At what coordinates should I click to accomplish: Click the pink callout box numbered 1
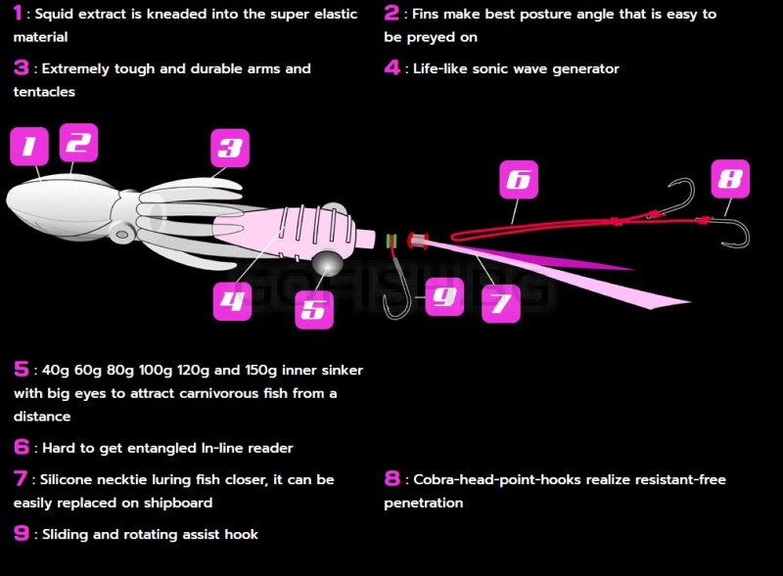(29, 146)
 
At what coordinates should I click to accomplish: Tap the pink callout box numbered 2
(78, 143)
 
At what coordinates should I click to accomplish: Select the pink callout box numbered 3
(230, 148)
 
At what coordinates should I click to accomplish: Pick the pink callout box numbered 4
(232, 301)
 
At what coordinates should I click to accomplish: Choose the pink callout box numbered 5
(314, 309)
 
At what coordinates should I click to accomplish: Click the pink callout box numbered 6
(519, 180)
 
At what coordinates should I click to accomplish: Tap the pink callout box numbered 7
(501, 303)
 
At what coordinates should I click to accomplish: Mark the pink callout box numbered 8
(730, 179)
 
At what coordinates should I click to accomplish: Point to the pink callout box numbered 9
(444, 296)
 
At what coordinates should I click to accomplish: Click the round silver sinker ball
(328, 262)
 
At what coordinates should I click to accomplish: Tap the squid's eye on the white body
(121, 234)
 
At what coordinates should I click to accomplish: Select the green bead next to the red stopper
(391, 242)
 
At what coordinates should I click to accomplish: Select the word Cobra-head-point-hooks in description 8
(497, 479)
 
